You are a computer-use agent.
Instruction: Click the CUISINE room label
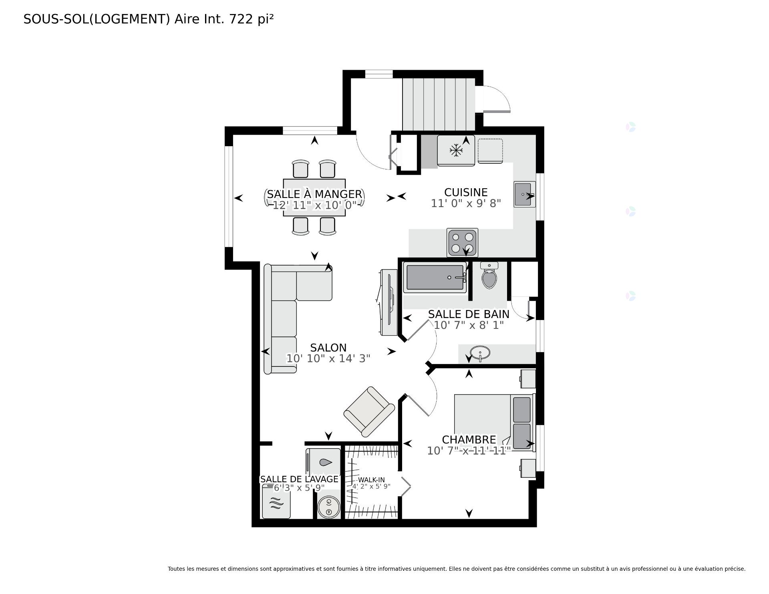click(466, 192)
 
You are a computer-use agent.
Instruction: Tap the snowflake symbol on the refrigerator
click(456, 151)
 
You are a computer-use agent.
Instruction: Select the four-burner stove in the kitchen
click(463, 243)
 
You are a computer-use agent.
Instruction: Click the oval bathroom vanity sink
click(480, 353)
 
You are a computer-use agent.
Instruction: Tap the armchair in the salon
click(369, 411)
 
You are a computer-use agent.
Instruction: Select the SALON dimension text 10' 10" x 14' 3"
click(328, 358)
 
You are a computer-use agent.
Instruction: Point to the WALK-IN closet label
click(371, 480)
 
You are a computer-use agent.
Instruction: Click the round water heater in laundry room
click(329, 507)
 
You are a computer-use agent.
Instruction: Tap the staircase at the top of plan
click(438, 104)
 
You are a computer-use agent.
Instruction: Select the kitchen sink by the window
click(524, 195)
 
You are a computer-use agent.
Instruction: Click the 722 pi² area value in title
click(251, 19)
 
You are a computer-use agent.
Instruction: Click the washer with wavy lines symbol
click(276, 502)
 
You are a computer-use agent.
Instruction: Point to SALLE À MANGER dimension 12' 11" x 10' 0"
click(314, 205)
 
